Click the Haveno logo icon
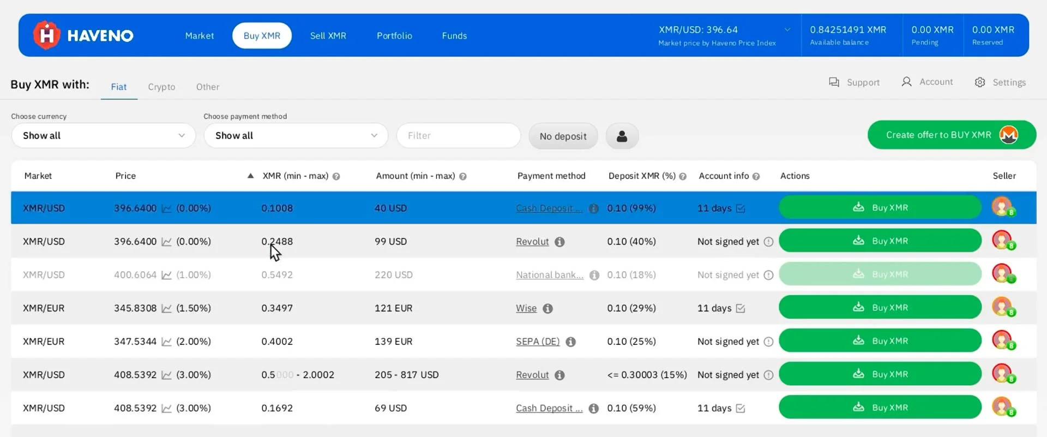click(47, 35)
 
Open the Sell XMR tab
click(328, 35)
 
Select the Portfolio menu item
click(394, 35)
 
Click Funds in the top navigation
click(454, 35)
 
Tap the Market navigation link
click(200, 35)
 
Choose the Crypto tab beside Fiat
click(161, 87)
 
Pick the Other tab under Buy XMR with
click(208, 87)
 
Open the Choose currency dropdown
click(104, 135)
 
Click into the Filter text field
click(459, 135)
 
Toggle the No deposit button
click(563, 136)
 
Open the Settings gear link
click(1000, 82)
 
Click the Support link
click(854, 82)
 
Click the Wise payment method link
click(526, 308)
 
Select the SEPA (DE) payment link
click(538, 342)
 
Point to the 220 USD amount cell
click(394, 275)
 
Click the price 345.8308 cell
click(135, 308)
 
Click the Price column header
click(125, 176)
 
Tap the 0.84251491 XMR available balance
click(848, 29)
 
